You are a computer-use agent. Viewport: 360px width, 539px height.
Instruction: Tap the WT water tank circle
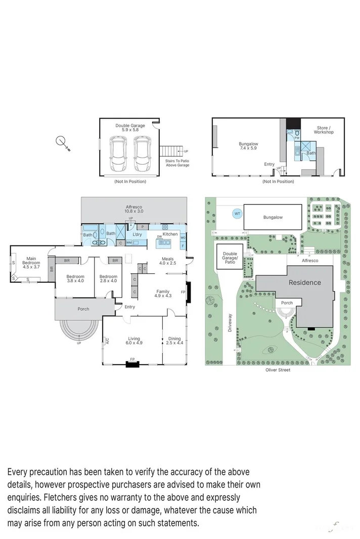pos(237,214)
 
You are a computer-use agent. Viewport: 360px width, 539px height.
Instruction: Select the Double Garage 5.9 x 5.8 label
pos(130,128)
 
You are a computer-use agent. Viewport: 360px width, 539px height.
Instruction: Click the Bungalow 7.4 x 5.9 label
pos(248,146)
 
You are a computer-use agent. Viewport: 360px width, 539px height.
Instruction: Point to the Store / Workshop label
pos(324,130)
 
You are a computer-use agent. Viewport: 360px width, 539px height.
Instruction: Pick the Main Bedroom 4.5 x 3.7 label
pos(31,261)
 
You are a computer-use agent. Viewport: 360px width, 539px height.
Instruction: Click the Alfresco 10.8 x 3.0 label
pos(134,209)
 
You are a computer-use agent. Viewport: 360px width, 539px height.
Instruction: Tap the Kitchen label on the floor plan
pos(170,234)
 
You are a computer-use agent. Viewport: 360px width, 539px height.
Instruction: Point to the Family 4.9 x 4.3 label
pos(163,293)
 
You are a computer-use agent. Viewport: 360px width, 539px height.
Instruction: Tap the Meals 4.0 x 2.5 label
pos(167,261)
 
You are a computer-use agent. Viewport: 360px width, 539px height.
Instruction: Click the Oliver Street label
pos(278,370)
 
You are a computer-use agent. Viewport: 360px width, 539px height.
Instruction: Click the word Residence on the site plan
pos(304,282)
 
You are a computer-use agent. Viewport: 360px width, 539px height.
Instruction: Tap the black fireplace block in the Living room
pos(132,363)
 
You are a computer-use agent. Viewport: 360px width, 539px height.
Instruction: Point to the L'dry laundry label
pos(137,235)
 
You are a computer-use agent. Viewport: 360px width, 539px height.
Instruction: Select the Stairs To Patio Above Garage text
pos(177,163)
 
